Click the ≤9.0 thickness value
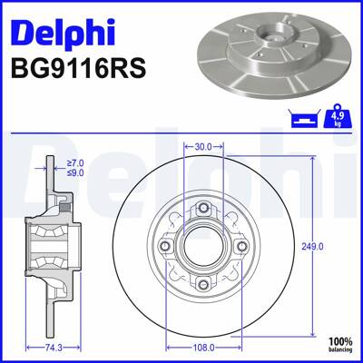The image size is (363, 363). (74, 172)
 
